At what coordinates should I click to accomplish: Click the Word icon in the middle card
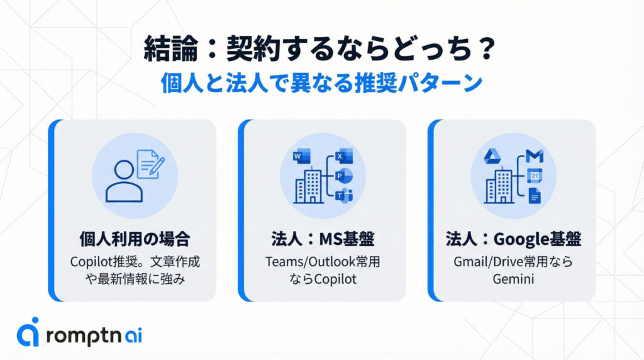(x=302, y=157)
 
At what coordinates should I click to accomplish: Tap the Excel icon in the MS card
(x=344, y=156)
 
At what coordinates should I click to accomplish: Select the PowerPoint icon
(x=344, y=176)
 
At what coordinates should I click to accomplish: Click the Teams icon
(x=344, y=196)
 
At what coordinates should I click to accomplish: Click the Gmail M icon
(x=535, y=156)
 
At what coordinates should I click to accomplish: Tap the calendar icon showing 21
(x=535, y=176)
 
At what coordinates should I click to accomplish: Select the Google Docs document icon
(x=535, y=196)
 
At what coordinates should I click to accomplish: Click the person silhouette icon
(x=124, y=181)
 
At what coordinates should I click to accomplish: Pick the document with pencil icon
(x=150, y=164)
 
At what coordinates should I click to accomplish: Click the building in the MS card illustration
(x=309, y=186)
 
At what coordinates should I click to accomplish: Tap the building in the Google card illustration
(x=499, y=186)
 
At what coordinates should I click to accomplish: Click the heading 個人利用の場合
(x=135, y=239)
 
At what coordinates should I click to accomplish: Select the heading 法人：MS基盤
(x=323, y=239)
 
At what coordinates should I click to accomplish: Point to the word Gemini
(x=513, y=279)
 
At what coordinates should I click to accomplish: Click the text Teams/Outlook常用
(x=323, y=262)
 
